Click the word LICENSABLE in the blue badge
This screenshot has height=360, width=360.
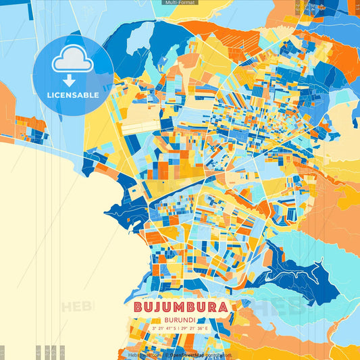(x=72, y=95)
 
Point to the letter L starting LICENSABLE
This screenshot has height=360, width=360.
(x=48, y=95)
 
